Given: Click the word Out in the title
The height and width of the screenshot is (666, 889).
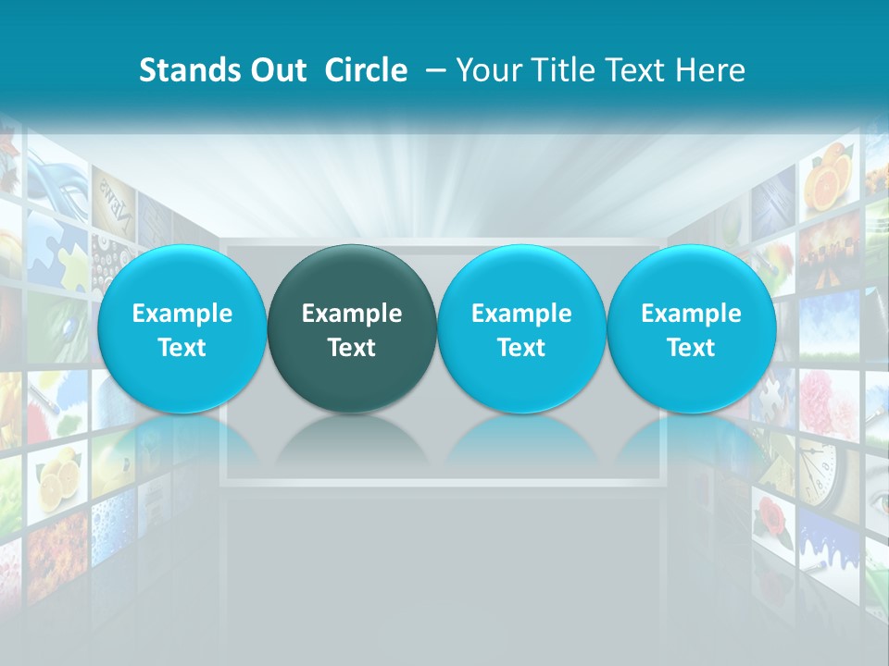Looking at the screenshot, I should click(276, 70).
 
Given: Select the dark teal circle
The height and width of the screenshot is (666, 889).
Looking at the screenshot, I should click(352, 328).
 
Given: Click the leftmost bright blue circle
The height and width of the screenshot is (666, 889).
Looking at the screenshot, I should click(182, 328).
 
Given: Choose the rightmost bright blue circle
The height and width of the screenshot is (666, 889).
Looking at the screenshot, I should click(691, 328).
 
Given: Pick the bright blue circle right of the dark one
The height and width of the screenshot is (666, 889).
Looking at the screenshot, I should click(521, 328).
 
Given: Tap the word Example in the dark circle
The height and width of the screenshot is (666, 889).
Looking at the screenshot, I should click(352, 314).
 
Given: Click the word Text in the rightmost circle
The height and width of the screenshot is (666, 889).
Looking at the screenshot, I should click(691, 348).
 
